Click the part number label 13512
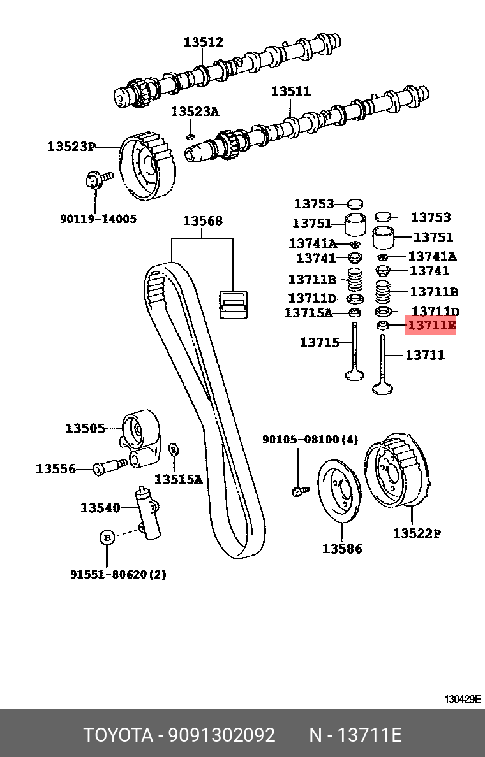coord(204,42)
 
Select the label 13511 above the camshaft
coord(290,91)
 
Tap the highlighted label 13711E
coord(431,326)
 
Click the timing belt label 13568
coord(202,221)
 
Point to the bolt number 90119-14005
coord(98,219)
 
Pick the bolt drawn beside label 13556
coord(108,467)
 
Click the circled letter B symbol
coord(107,537)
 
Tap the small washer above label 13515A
coord(173,450)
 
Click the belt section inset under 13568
coord(233,303)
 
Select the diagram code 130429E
coord(462,699)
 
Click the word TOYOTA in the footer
coord(119,735)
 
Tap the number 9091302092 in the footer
coord(221,735)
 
